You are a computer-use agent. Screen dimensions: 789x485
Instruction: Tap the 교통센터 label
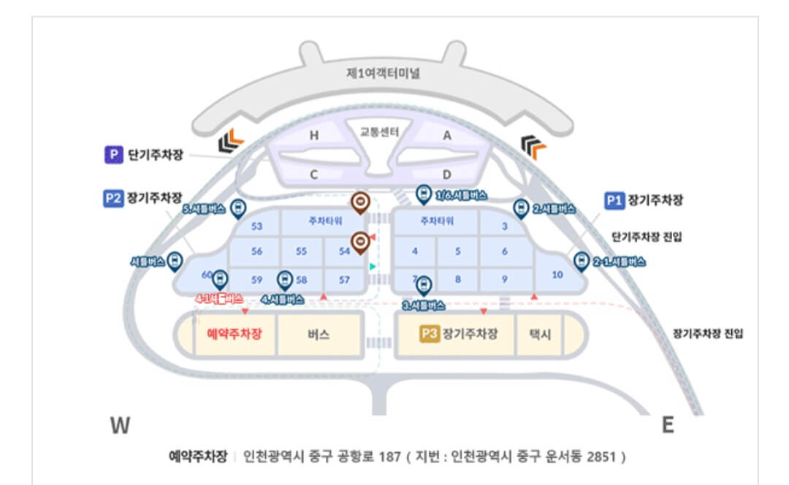click(x=379, y=132)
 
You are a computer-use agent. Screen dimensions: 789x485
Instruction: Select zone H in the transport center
click(x=314, y=135)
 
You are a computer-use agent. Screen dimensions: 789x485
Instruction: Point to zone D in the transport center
click(x=447, y=174)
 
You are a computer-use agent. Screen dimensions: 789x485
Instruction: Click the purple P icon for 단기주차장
click(x=113, y=155)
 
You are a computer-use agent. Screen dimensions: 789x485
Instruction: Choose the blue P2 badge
click(x=113, y=198)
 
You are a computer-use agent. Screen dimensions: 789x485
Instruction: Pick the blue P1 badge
click(x=614, y=199)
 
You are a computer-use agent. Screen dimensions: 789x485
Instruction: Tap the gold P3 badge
click(x=429, y=334)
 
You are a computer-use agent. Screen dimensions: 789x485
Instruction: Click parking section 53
click(x=256, y=226)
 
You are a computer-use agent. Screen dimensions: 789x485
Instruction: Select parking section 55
click(x=301, y=251)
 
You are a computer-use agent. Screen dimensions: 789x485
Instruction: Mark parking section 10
click(x=557, y=275)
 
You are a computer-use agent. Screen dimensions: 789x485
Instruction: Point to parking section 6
click(x=504, y=251)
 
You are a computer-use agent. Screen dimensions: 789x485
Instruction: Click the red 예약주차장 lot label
click(x=235, y=334)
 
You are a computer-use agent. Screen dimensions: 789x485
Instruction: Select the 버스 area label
click(x=318, y=335)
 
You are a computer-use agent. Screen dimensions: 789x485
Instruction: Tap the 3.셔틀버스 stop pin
click(x=424, y=286)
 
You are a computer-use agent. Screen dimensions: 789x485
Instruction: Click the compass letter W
click(x=120, y=425)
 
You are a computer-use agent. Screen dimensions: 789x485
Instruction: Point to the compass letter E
click(x=667, y=425)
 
